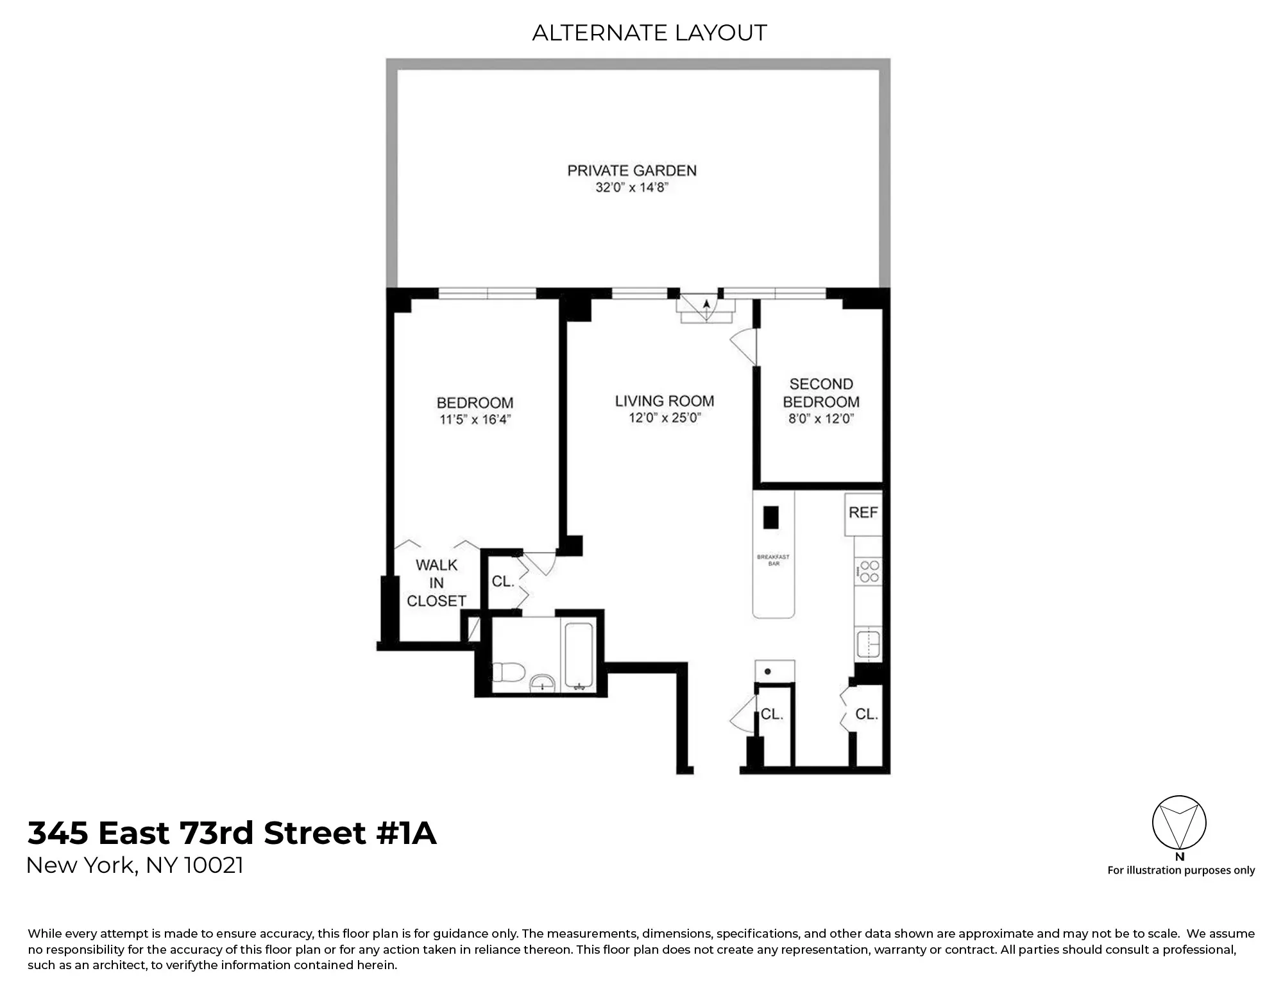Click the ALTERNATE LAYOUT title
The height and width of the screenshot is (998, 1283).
649,33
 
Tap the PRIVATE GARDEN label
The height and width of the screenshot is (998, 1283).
632,171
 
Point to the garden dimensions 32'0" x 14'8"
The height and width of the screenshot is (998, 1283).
632,188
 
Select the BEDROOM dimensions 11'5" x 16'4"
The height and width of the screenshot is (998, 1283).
475,420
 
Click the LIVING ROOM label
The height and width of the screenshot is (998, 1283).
665,401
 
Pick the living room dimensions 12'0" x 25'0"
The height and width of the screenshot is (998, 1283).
665,418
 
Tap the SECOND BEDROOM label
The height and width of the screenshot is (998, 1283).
821,393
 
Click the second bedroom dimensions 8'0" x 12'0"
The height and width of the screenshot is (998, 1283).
821,419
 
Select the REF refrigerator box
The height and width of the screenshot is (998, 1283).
863,513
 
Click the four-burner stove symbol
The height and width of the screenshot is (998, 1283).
869,571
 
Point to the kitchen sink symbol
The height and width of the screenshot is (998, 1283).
869,644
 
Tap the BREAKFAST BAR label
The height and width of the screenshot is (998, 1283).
773,560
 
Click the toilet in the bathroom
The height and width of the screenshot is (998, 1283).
509,673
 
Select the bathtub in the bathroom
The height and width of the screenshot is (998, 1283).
580,655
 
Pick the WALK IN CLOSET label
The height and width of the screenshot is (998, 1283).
436,583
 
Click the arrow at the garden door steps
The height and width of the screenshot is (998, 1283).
706,306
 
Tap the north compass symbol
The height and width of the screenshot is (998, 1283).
1179,823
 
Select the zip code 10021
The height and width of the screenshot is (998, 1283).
214,866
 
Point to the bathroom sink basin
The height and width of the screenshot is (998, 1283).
543,683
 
